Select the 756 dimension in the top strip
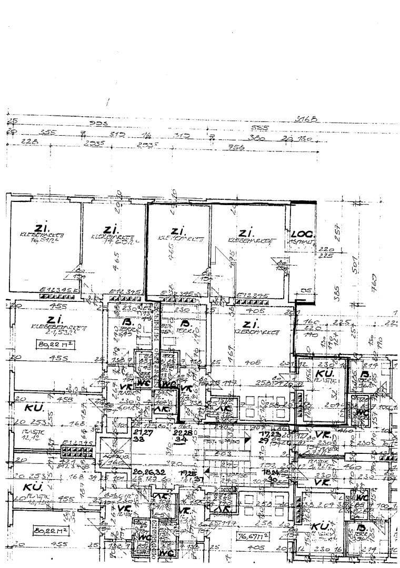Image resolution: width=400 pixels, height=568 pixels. coord(237,149)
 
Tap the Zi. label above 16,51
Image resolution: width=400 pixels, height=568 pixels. coord(41,228)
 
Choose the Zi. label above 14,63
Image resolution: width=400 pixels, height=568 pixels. coord(111,230)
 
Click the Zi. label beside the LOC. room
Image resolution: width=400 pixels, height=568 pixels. coord(246,232)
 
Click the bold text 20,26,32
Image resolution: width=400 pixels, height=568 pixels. coord(150,472)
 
